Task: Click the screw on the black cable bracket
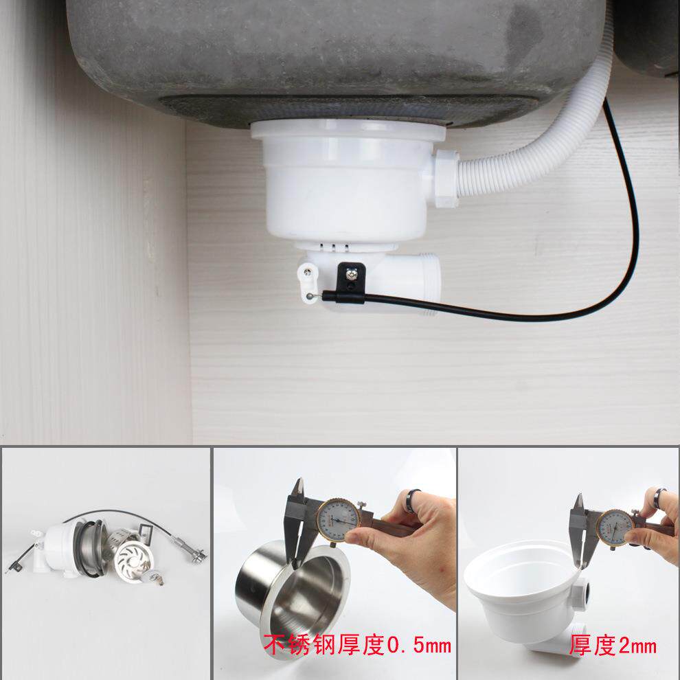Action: pyautogui.click(x=351, y=274)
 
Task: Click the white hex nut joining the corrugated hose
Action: pyautogui.click(x=446, y=178)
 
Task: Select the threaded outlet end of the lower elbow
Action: pyautogui.click(x=429, y=284)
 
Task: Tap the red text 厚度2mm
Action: pyautogui.click(x=613, y=645)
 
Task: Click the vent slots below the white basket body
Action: pyautogui.click(x=333, y=247)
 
